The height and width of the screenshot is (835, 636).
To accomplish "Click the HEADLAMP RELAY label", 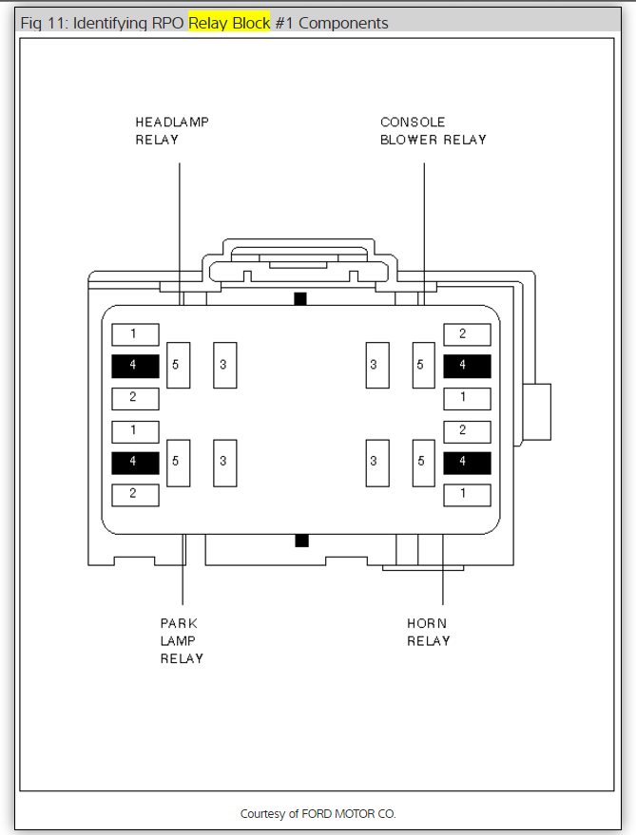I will click(171, 131).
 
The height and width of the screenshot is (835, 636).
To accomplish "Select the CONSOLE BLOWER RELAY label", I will click(433, 131).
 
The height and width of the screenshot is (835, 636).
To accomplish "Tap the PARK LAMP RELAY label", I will click(181, 641).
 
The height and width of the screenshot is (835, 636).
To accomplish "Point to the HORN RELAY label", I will click(428, 632).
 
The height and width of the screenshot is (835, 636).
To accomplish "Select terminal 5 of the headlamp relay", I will click(178, 365).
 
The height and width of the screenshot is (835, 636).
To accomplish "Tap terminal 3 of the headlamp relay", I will click(224, 365).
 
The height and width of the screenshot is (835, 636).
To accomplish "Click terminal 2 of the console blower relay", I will click(467, 334).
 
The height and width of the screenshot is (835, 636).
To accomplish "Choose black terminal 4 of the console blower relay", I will click(467, 366).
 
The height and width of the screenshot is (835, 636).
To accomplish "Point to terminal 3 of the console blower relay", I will click(376, 365).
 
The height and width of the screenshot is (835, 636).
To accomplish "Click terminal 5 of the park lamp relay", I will click(178, 463).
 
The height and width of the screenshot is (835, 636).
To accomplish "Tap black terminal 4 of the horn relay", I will click(467, 463).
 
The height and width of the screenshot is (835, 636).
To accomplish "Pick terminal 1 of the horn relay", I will click(467, 494).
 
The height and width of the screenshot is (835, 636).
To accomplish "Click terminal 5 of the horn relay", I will click(423, 463).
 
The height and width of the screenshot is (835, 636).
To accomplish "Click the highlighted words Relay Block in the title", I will click(229, 23).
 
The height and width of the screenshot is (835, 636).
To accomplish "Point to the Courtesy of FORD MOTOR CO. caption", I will click(318, 814).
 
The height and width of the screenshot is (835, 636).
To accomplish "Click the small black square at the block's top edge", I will click(300, 299).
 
